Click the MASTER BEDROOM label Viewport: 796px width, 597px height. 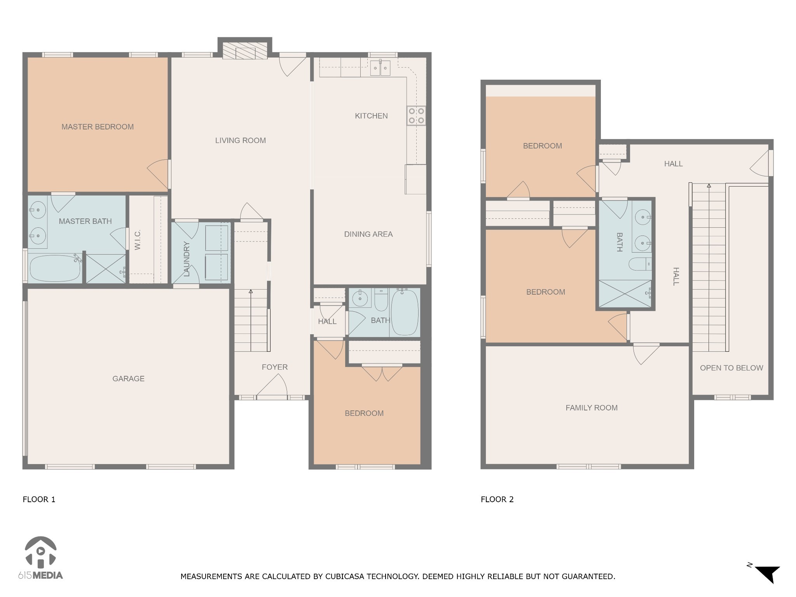point(97,127)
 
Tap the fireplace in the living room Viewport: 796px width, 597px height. point(245,51)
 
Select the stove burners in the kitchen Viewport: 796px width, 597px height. point(416,116)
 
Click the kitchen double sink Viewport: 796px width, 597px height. point(380,69)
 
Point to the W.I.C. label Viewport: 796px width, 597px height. point(138,240)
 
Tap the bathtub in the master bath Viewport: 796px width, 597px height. point(54,268)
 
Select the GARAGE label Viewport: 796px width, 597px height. point(128,379)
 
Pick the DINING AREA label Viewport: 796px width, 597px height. point(368,234)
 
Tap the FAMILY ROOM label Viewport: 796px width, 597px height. point(591,408)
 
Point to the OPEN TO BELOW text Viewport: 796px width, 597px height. point(731,368)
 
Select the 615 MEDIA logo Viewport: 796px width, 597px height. point(40,558)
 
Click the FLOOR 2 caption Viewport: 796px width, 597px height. point(497,499)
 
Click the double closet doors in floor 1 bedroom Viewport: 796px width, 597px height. point(382,373)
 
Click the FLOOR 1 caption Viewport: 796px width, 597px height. point(39,499)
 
